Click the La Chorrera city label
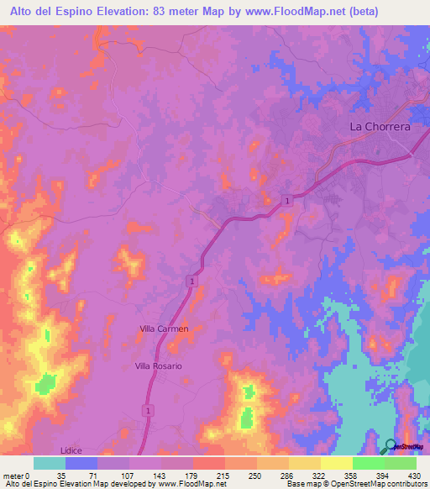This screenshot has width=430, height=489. [380, 127]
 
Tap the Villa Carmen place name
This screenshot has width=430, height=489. [164, 329]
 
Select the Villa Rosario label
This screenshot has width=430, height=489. [159, 367]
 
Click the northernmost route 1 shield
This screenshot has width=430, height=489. [288, 200]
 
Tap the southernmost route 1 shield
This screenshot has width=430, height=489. [148, 409]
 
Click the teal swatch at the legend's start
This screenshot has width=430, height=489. [50, 463]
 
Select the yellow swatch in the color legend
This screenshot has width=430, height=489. [336, 463]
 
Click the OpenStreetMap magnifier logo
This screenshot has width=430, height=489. [391, 447]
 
